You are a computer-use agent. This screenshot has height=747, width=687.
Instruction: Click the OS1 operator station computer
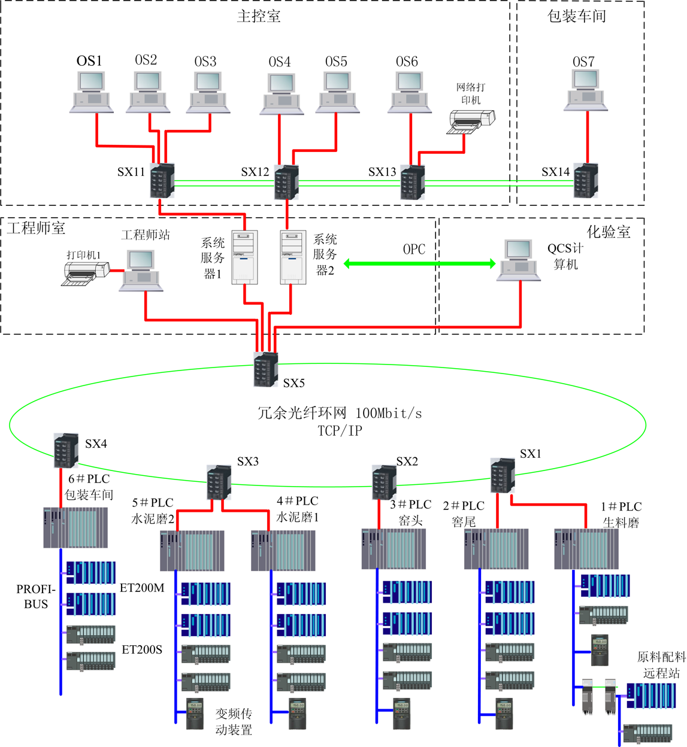pyautogui.click(x=91, y=92)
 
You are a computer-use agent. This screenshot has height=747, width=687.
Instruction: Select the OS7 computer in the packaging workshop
pyautogui.click(x=585, y=90)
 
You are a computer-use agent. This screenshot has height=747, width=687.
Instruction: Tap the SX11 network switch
pyautogui.click(x=162, y=180)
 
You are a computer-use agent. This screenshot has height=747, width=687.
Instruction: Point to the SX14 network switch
pyautogui.click(x=586, y=181)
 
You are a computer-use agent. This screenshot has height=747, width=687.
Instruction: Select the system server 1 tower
pyautogui.click(x=245, y=257)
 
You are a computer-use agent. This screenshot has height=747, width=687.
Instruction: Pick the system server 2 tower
pyautogui.click(x=293, y=257)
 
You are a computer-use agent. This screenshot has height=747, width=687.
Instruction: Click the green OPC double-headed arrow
pyautogui.click(x=419, y=263)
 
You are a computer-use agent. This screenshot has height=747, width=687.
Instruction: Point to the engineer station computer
pyautogui.click(x=141, y=271)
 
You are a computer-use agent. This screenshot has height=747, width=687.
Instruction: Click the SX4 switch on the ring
pyautogui.click(x=66, y=450)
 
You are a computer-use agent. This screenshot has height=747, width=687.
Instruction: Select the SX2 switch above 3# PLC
pyautogui.click(x=384, y=482)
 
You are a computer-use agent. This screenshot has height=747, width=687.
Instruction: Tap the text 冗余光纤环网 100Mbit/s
pyautogui.click(x=340, y=413)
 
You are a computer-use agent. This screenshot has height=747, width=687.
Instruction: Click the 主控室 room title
pyautogui.click(x=259, y=16)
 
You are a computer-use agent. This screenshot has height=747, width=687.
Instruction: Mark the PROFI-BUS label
pyautogui.click(x=36, y=597)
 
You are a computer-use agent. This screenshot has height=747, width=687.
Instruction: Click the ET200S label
pyautogui.click(x=142, y=649)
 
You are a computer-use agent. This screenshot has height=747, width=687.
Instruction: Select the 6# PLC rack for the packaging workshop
pyautogui.click(x=75, y=527)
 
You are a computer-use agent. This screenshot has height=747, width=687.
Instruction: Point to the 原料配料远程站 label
pyautogui.click(x=661, y=665)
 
